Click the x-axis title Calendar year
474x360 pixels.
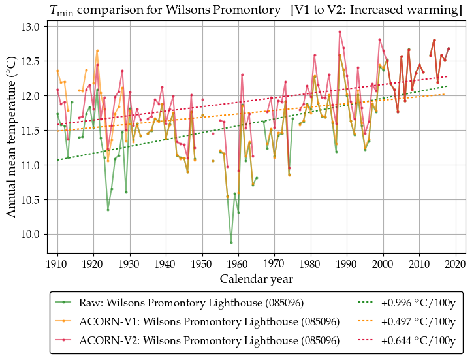pyautogui.click(x=256, y=279)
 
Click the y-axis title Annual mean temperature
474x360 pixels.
pyautogui.click(x=12, y=130)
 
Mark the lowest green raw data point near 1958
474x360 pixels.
pyautogui.click(x=231, y=242)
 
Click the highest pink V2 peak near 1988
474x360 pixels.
pyautogui.click(x=340, y=31)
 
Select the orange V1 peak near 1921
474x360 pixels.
pyautogui.click(x=97, y=50)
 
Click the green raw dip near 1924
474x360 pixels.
pyautogui.click(x=108, y=210)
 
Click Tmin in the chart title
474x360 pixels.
pyautogui.click(x=61, y=10)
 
